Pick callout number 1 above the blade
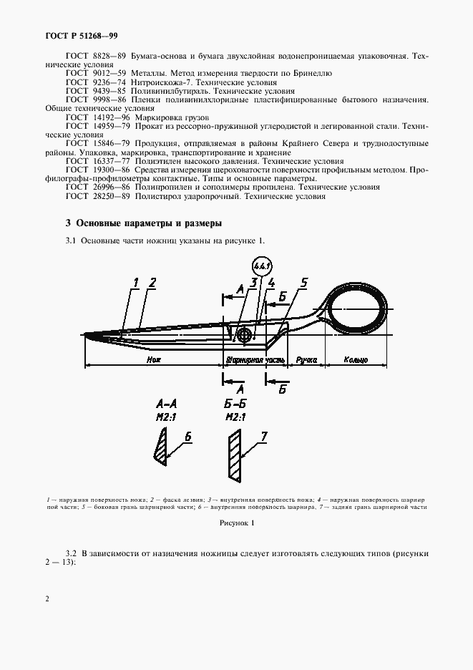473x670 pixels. coord(135,283)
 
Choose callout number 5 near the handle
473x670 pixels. coord(303,283)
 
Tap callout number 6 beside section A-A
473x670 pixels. coord(188,435)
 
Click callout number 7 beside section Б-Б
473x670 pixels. coord(263,435)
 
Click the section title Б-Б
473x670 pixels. coord(235,405)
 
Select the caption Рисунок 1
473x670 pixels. coord(236,524)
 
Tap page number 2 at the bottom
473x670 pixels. coord(47,598)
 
